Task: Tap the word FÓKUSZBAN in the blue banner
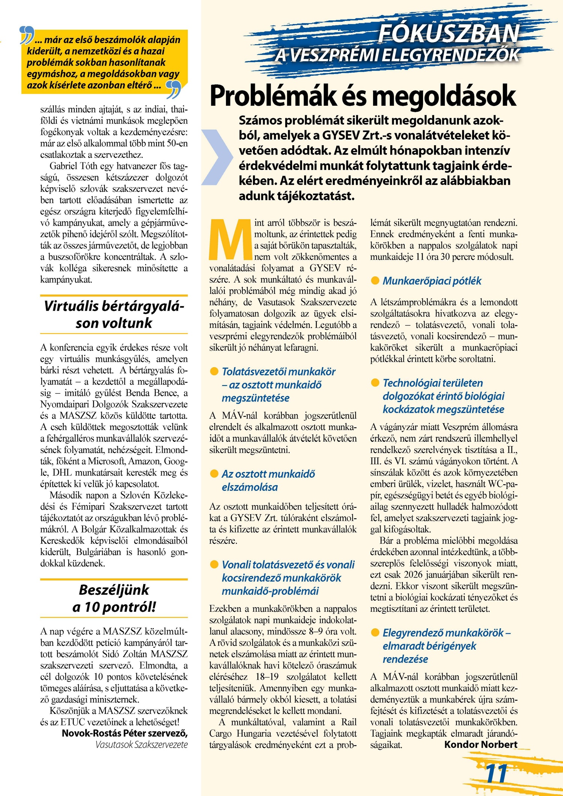[449, 33]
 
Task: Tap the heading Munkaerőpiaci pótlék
[432, 281]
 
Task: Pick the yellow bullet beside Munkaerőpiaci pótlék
[375, 281]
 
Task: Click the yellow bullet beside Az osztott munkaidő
[214, 474]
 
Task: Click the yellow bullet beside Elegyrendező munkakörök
[375, 633]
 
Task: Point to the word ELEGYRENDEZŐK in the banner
[450, 55]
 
